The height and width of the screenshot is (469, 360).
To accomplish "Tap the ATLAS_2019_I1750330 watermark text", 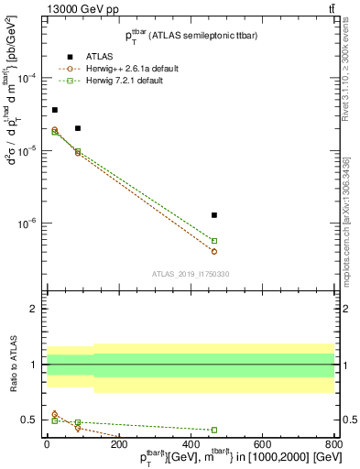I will [190, 274].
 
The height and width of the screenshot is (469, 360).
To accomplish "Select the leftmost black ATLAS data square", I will [55, 110].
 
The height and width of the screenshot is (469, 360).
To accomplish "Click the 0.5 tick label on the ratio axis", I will [30, 420].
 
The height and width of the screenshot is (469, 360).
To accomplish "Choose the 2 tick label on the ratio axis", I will [35, 310].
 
